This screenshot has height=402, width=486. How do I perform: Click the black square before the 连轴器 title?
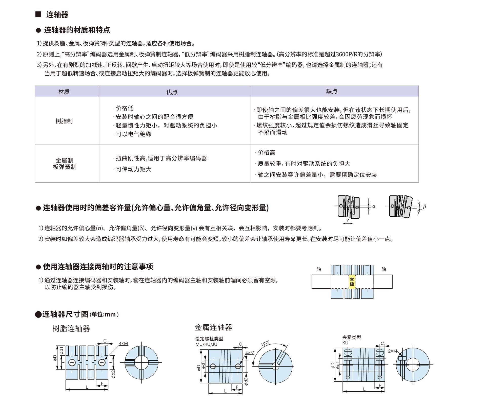tap(38, 14)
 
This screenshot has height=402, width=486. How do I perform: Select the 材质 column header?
tap(64, 92)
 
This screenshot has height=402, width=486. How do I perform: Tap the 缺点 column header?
tap(332, 91)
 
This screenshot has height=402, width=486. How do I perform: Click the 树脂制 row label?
tap(64, 121)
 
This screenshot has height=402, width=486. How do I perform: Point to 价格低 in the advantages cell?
tap(124, 108)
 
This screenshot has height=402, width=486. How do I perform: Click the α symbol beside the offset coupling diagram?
tap(374, 206)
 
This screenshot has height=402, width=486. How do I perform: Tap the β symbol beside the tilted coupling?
tap(424, 206)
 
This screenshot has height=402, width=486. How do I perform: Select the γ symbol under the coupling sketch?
tap(348, 220)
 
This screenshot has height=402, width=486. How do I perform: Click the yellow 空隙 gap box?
tap(352, 281)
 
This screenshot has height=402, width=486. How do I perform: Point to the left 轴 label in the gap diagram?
tap(319, 269)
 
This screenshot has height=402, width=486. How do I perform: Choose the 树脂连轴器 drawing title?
tap(71, 328)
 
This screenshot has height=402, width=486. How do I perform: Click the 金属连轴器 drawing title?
tap(213, 327)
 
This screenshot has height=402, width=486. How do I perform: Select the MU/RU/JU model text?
tap(206, 344)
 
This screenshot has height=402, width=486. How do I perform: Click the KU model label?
tap(345, 343)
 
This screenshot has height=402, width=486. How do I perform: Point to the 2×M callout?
tap(392, 351)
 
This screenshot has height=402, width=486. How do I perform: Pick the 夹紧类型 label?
tap(352, 337)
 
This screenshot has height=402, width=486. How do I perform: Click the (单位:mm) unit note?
tap(104, 314)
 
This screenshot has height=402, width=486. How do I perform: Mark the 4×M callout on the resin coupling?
tap(123, 343)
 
